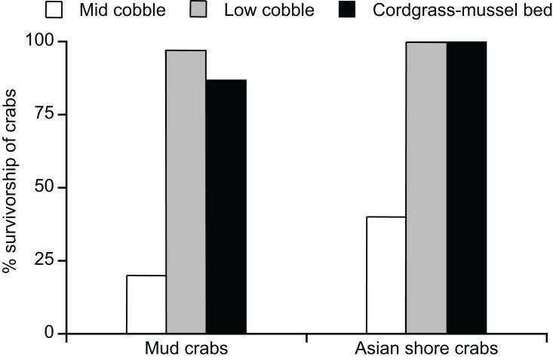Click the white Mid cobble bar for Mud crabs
pos(146,304)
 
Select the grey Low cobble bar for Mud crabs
pos(186,192)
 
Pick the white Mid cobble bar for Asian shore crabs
pos(386,275)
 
